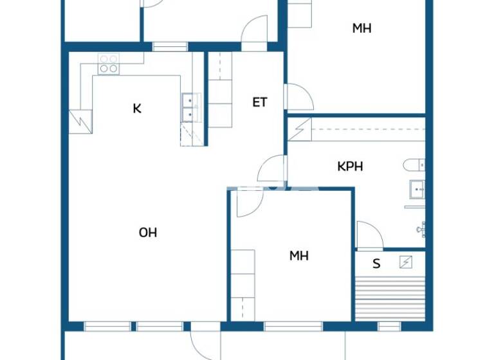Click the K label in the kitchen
pos(137,108)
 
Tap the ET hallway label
pos(259,102)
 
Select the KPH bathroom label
pos(350,166)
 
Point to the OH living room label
pos(148,232)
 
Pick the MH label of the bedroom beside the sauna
pos(298,255)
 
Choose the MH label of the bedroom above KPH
pos(361,28)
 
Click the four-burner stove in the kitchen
pos(108,63)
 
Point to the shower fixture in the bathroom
pos(421,228)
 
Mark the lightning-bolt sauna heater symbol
pos(407,262)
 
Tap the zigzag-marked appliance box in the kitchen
pos(81,121)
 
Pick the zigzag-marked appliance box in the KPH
pos(300,129)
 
